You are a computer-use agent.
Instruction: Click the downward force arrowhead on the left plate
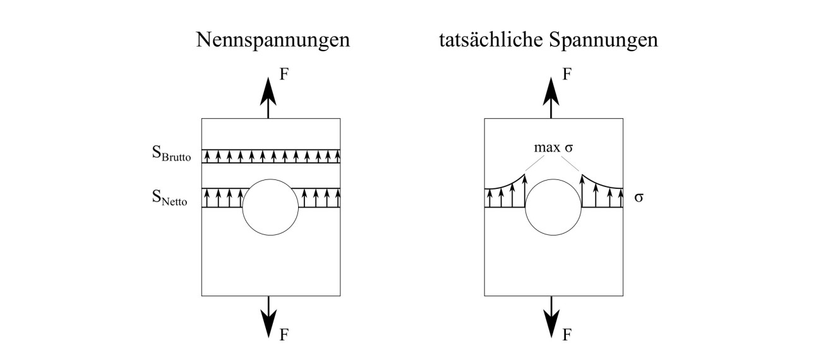269,323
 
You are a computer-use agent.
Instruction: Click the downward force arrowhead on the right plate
552,323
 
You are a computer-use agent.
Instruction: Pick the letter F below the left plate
284,334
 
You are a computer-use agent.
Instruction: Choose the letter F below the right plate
567,334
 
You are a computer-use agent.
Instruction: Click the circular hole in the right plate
553,207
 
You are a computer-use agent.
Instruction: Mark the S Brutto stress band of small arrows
270,156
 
